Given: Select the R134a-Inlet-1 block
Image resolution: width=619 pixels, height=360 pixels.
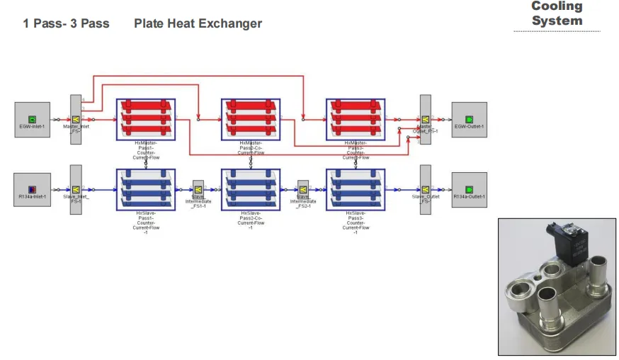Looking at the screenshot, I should point(33,189).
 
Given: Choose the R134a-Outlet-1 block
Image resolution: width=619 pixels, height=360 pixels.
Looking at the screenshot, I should point(469,189).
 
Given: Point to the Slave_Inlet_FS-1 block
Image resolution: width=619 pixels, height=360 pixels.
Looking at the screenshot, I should point(76,189).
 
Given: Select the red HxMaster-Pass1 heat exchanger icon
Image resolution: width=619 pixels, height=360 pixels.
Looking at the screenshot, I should point(146,119).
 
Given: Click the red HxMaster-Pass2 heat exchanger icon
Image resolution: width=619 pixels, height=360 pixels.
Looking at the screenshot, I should point(251,119).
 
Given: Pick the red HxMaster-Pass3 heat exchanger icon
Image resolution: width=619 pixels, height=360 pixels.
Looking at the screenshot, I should point(356,119).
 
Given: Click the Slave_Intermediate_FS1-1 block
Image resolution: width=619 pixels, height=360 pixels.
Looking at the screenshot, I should point(198,189).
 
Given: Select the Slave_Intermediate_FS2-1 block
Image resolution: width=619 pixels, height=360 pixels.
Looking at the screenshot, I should point(303,189).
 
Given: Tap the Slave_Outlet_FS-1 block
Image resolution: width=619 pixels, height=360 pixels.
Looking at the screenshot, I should point(426,189).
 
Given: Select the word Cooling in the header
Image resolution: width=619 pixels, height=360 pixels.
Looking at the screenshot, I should point(557,6).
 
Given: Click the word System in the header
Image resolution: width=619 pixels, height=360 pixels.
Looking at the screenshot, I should point(557,21).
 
